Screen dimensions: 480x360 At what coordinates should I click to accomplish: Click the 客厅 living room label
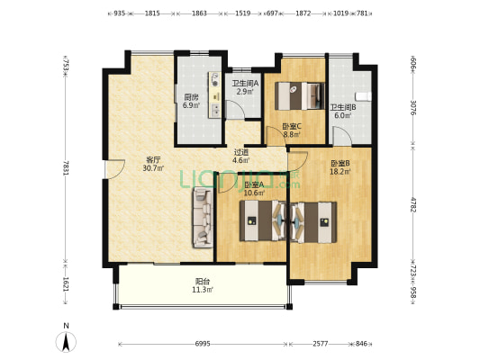click(x=153, y=159)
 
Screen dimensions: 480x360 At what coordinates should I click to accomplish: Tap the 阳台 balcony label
click(x=203, y=281)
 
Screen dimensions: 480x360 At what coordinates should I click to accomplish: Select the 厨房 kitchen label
click(x=191, y=97)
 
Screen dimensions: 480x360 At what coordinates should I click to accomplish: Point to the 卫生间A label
click(x=245, y=83)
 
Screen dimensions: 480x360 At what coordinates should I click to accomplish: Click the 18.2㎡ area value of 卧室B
click(x=340, y=172)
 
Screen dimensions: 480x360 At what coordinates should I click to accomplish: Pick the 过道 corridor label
click(x=241, y=152)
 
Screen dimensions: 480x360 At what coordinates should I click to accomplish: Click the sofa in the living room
click(x=203, y=218)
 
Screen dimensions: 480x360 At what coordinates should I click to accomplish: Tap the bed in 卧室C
click(x=300, y=95)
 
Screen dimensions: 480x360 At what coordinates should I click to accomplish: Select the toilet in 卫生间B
click(x=363, y=96)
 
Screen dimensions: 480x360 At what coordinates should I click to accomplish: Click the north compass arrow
click(x=66, y=342)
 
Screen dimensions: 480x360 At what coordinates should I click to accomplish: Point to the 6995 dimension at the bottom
click(x=203, y=344)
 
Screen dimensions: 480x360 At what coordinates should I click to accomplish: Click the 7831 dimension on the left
click(x=66, y=167)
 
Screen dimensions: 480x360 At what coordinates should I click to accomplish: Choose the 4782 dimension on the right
click(x=412, y=205)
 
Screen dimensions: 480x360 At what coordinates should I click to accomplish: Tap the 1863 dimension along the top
click(x=199, y=13)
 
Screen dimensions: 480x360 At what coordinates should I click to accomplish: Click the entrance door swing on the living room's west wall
click(x=114, y=168)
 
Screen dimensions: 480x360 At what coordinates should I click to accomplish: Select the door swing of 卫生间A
click(x=234, y=109)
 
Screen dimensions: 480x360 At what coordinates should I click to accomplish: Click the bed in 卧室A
click(x=263, y=220)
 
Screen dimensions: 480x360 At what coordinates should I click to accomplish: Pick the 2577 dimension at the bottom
click(x=321, y=344)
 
